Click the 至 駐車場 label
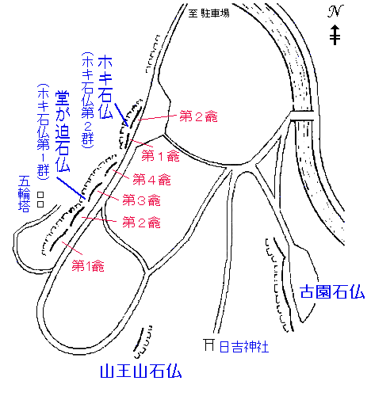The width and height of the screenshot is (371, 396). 208,13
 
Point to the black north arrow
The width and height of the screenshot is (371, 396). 335,35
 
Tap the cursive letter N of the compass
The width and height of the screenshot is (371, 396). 335,12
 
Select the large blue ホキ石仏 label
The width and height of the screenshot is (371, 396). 105,86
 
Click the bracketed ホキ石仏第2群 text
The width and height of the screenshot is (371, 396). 87,100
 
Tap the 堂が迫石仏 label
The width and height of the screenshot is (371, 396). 63,131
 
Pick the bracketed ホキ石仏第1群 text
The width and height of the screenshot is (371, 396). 43,132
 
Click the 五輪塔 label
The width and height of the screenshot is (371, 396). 24,194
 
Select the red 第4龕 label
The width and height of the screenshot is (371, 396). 151,180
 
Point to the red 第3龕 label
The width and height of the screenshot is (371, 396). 141,200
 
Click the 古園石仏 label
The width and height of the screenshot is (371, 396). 332,291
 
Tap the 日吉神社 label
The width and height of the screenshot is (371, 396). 244,347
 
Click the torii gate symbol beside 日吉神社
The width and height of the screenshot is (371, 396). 209,345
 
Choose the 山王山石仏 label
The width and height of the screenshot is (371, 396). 141,371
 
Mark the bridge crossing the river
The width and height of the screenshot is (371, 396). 302,116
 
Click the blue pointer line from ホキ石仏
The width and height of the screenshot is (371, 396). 121,115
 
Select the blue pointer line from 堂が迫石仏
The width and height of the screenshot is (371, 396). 71,188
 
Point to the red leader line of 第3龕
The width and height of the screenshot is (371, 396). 108,196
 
